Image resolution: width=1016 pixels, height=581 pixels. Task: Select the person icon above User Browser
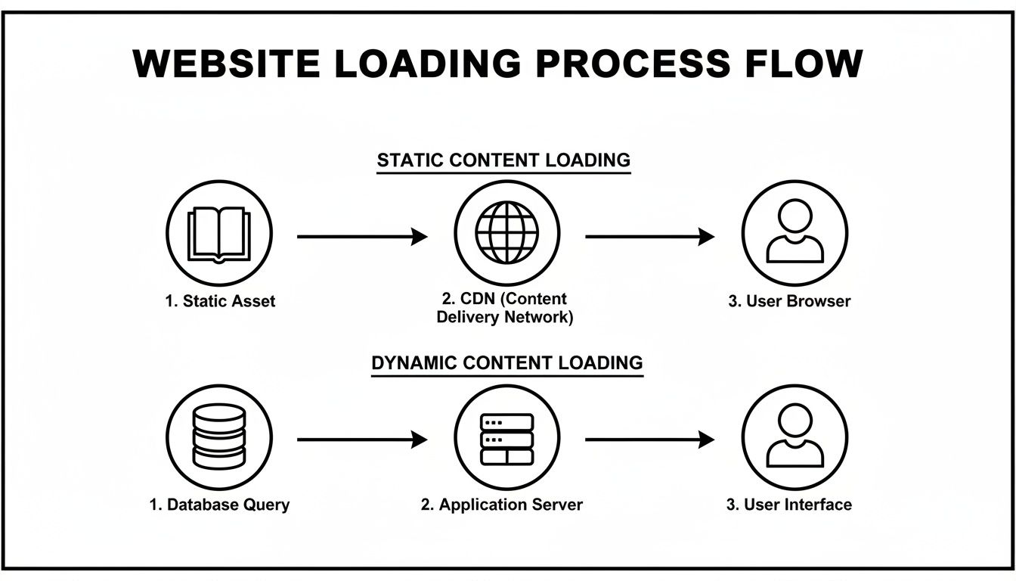(795, 233)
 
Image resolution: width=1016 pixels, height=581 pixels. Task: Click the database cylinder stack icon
(219, 437)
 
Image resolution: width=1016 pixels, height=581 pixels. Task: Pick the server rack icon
(506, 438)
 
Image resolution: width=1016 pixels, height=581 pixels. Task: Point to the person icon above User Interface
(795, 437)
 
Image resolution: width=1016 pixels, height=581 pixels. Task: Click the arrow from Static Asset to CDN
(361, 237)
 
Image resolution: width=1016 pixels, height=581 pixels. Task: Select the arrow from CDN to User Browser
(649, 237)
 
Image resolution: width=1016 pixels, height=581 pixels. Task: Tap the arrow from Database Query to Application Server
(361, 439)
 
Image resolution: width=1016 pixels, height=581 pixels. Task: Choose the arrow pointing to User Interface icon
(649, 439)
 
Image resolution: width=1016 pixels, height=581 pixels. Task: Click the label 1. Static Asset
(220, 301)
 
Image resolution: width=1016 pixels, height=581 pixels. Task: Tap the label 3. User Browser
(789, 301)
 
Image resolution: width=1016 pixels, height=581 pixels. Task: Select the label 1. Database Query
(219, 505)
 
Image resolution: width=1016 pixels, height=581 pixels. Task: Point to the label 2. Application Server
(502, 505)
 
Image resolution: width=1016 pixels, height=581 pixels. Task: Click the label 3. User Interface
(789, 505)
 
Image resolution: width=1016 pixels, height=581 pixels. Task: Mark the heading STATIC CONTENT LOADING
(503, 160)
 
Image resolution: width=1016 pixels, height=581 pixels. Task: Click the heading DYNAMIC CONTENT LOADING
(506, 362)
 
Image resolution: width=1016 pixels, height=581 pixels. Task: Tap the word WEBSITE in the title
(227, 64)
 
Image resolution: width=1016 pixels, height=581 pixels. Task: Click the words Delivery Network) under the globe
(505, 318)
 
